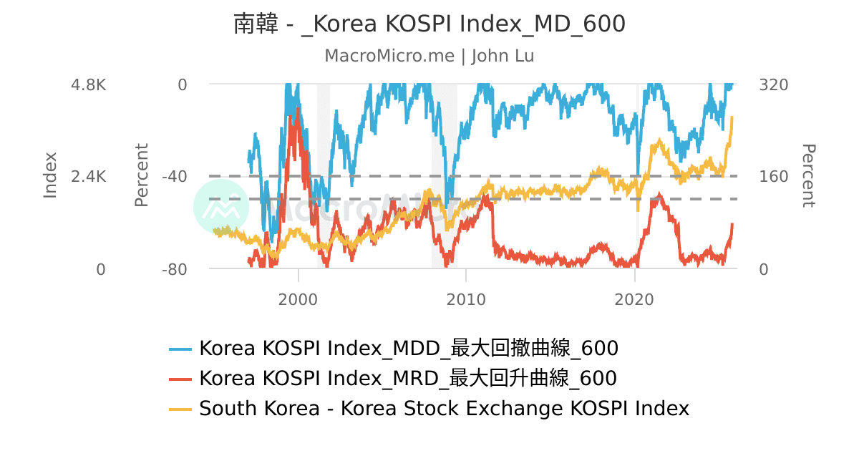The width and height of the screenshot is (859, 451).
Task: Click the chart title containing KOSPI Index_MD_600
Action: coord(429,24)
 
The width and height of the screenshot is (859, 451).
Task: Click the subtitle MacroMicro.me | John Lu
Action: coord(429,56)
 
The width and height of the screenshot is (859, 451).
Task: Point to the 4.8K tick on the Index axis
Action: coord(88,84)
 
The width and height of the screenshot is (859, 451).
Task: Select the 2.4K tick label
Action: coord(88,177)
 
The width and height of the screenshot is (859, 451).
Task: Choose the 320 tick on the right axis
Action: coord(773,84)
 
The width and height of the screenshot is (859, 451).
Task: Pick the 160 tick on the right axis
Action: coord(773,177)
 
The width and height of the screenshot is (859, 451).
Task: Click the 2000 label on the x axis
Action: coord(297,299)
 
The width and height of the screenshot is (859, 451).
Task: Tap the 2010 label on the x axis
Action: coord(466,299)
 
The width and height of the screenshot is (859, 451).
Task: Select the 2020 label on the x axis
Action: coord(635,299)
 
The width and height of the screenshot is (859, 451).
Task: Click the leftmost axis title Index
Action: coord(50,175)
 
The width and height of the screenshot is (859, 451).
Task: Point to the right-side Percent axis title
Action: coord(808,175)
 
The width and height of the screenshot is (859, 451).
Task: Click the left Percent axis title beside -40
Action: coord(142,175)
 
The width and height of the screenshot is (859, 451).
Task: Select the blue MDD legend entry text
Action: coord(409,349)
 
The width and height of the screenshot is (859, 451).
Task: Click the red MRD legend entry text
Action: coord(408,378)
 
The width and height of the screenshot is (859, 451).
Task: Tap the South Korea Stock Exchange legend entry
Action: coord(444,408)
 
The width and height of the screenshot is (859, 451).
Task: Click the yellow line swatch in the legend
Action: coord(180,409)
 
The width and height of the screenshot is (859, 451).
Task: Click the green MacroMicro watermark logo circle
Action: coord(221,206)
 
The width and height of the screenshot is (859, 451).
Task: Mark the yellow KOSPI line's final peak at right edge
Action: coord(732,117)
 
